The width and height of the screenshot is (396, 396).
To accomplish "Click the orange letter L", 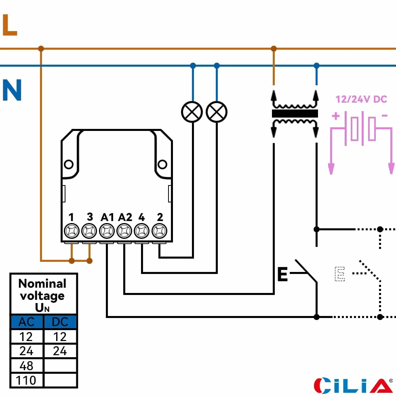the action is (10, 25).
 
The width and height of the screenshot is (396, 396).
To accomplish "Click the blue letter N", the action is (12, 90).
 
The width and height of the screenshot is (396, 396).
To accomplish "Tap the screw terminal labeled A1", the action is (107, 231).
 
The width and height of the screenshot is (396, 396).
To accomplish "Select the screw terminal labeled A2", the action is (124, 231).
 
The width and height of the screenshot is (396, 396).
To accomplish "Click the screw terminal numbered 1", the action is (72, 231).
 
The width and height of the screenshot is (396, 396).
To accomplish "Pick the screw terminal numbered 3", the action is (89, 231).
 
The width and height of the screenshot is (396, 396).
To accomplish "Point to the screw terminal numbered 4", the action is (142, 231).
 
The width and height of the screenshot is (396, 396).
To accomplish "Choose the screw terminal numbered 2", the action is (159, 231).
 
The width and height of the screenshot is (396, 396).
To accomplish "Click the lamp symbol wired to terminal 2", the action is (192, 112).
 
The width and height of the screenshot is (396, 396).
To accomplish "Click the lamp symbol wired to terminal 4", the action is (217, 112).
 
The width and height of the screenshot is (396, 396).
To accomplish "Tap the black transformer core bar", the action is (295, 114).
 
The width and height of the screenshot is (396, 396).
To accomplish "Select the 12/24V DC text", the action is (361, 99).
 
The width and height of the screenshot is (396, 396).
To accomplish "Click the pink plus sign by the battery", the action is (336, 116).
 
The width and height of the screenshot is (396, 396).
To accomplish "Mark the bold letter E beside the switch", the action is (282, 274).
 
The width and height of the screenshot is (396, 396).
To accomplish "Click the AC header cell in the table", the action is (27, 322).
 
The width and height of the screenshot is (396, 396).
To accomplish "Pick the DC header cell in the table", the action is (60, 322).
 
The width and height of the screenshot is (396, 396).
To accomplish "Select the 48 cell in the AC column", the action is (27, 365).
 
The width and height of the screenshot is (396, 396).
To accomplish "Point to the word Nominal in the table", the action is (42, 283).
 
